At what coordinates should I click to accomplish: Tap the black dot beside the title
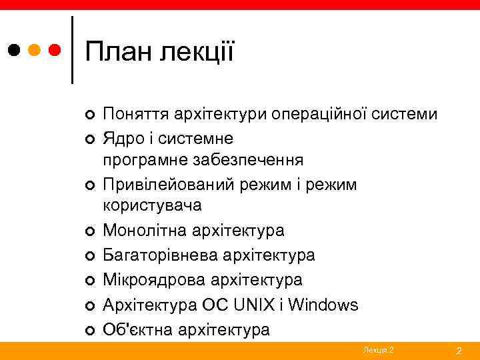tap(15, 50)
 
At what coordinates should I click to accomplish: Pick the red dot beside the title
tap(56, 50)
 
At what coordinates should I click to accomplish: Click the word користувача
tap(152, 205)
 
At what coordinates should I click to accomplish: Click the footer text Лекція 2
tap(378, 350)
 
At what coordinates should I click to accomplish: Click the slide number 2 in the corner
tap(459, 351)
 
